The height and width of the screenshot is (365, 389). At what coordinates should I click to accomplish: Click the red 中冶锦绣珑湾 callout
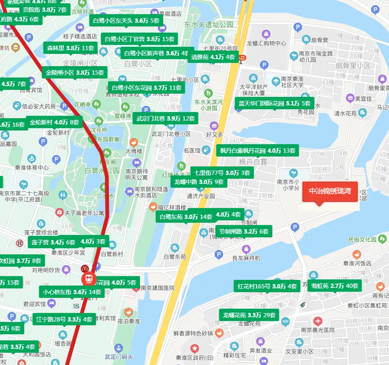click(x=330, y=191)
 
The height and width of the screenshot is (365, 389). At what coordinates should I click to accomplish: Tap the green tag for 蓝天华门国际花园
click(x=274, y=103)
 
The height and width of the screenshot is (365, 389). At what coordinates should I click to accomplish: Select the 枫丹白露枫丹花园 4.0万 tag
click(x=257, y=151)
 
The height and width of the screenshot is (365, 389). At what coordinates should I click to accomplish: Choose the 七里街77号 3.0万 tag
click(x=221, y=173)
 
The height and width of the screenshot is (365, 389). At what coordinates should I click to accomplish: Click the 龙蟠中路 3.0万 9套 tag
click(x=199, y=182)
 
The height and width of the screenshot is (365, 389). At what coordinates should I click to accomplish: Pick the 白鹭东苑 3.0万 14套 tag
click(x=186, y=217)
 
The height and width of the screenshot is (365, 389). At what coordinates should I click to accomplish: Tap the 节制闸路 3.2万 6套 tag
click(x=243, y=232)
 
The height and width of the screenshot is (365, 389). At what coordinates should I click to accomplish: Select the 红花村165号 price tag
click(x=267, y=286)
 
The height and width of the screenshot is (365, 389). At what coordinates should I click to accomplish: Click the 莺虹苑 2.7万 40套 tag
click(x=337, y=286)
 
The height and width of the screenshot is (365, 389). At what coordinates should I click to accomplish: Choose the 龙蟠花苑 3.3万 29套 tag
click(x=249, y=315)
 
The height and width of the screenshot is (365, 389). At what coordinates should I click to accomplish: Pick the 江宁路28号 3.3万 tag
click(x=64, y=319)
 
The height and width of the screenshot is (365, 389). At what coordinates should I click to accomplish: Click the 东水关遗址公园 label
click(x=209, y=24)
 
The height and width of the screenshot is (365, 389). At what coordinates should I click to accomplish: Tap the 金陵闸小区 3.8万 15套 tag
click(x=75, y=72)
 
